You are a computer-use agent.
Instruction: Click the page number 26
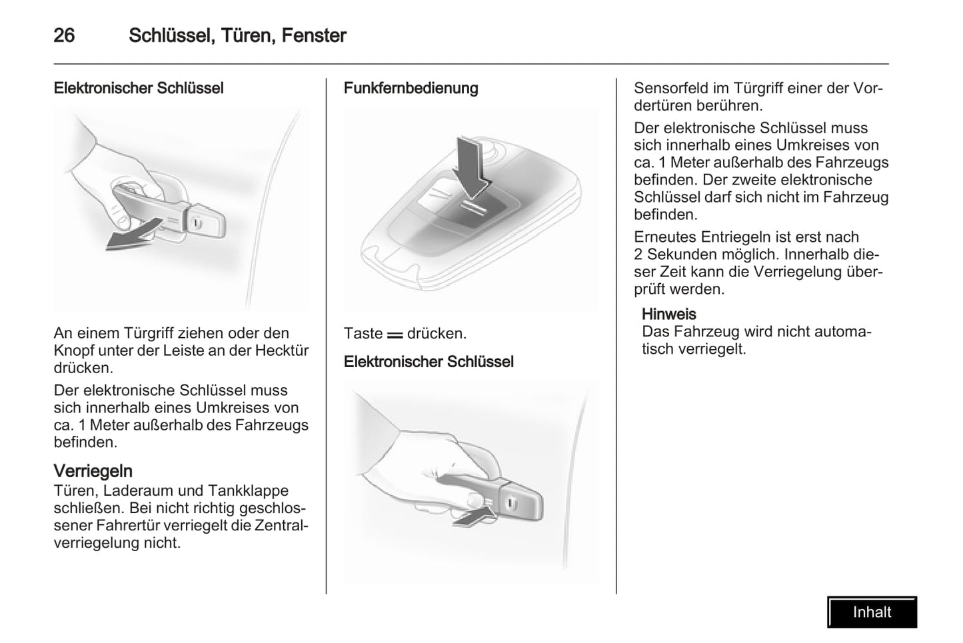(x=64, y=35)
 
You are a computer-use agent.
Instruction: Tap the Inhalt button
(x=872, y=612)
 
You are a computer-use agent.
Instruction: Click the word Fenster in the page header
(x=313, y=35)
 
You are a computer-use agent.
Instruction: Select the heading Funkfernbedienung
(x=411, y=88)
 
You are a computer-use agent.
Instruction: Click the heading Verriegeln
(x=93, y=471)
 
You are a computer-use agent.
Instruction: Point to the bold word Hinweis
(x=668, y=314)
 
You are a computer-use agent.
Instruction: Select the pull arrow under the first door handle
(x=133, y=235)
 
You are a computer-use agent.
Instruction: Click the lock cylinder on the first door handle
(x=197, y=224)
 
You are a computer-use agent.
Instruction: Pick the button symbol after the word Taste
(x=395, y=334)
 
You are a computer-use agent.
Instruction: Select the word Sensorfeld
(x=672, y=88)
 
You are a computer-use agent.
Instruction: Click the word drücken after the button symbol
(x=437, y=333)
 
